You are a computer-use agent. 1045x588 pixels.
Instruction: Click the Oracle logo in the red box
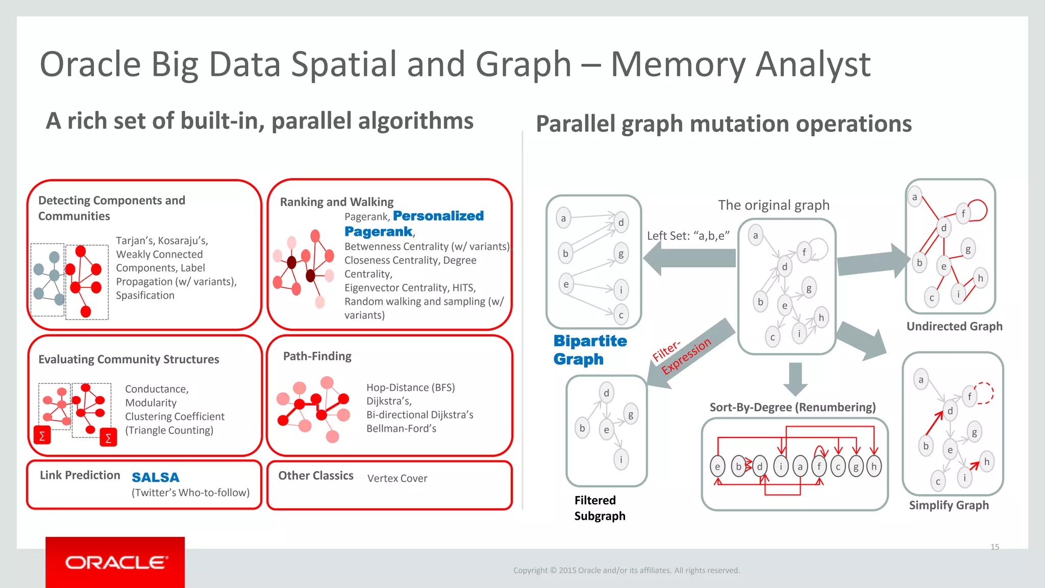116,562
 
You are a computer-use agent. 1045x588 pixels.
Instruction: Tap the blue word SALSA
156,478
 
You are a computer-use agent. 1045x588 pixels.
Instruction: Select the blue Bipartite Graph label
590,350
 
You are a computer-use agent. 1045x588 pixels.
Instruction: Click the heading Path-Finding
317,356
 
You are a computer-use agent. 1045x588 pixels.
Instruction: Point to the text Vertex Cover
397,478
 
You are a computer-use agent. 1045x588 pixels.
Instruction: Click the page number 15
994,547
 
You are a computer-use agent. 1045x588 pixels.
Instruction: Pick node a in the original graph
756,235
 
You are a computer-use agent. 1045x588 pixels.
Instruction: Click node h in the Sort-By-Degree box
874,467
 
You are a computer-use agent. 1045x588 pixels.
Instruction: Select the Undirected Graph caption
954,326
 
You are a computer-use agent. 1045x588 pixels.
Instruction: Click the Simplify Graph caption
949,505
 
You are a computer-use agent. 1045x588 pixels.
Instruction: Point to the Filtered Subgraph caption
600,508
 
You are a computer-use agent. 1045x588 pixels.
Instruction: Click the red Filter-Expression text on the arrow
682,356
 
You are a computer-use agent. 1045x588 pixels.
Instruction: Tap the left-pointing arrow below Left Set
689,258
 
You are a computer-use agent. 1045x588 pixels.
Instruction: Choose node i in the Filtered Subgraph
621,459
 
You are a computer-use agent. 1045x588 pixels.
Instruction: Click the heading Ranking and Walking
337,202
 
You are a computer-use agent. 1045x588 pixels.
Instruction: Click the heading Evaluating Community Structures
129,359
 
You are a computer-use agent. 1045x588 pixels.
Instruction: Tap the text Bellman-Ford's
401,429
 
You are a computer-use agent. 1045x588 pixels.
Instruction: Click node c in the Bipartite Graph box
621,315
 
